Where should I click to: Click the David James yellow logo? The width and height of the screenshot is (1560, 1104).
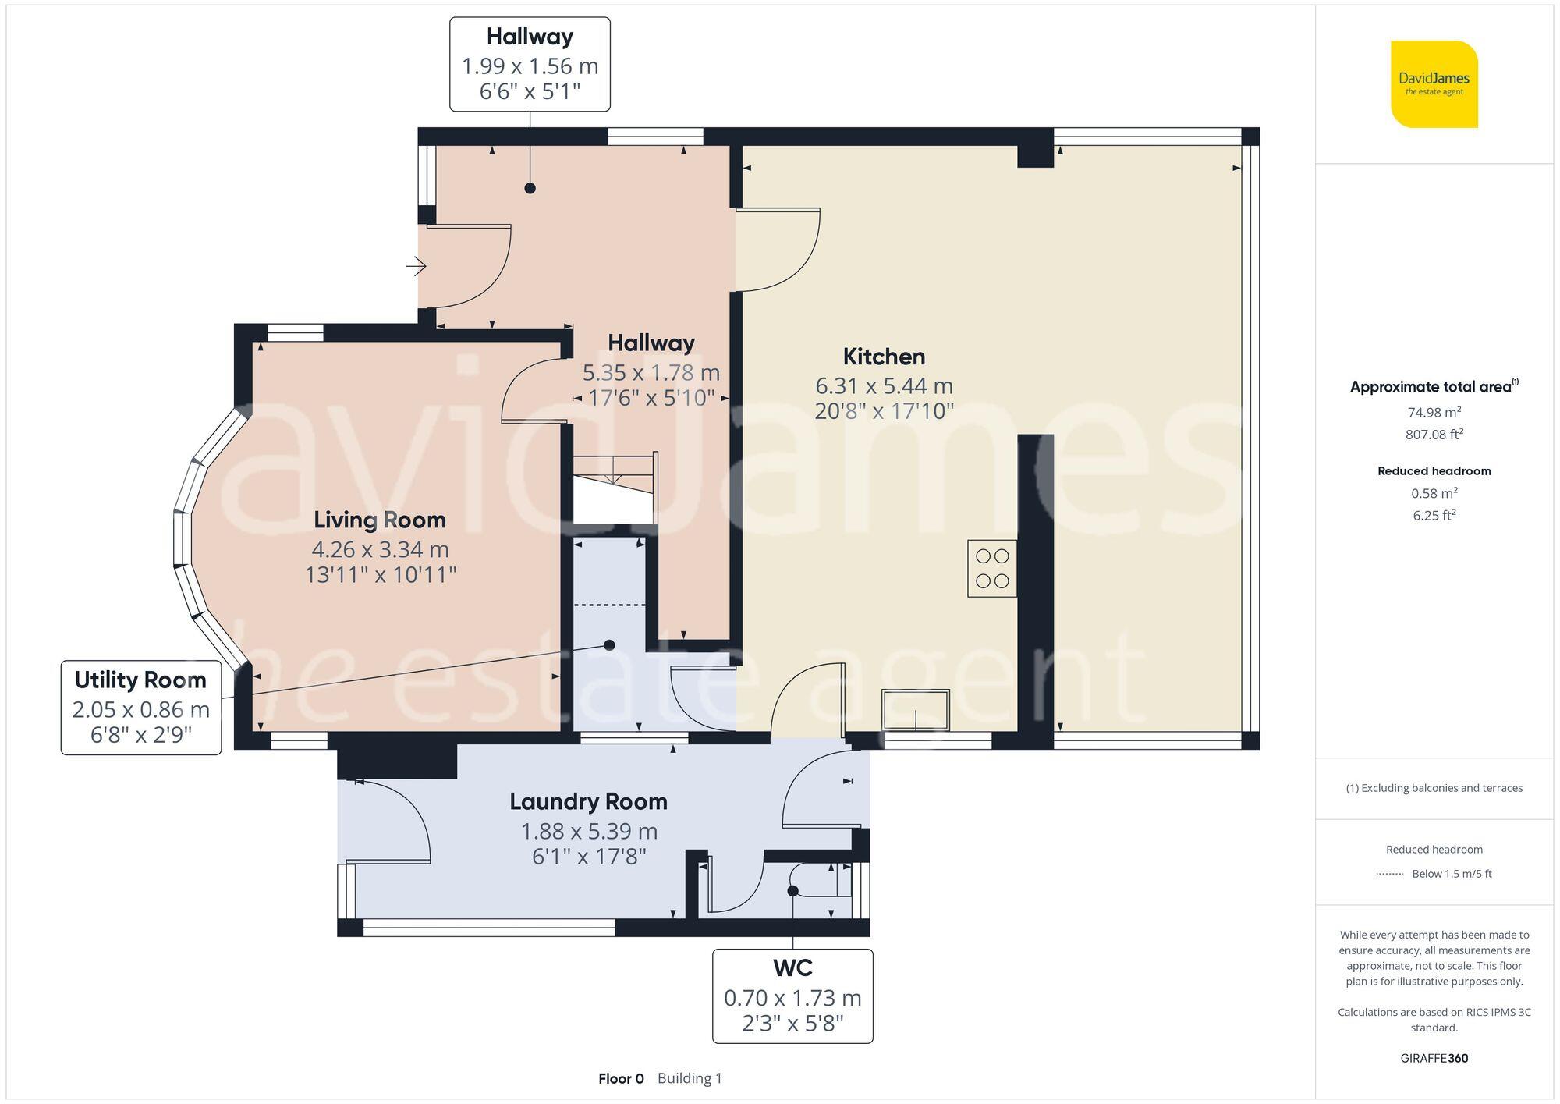tap(1434, 84)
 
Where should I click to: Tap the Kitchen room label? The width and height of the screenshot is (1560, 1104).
tap(884, 357)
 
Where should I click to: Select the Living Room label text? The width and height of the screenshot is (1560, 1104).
tap(380, 520)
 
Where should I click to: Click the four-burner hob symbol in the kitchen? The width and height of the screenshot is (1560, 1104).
tap(992, 569)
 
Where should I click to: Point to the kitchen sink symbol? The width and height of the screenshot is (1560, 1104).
tap(915, 710)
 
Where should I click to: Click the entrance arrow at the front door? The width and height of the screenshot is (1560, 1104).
tap(416, 267)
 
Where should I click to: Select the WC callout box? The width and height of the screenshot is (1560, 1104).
tap(792, 996)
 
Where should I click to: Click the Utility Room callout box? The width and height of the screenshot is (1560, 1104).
tap(141, 708)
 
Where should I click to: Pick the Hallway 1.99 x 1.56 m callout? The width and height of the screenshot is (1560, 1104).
tap(530, 65)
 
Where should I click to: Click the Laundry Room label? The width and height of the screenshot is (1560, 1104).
tap(588, 802)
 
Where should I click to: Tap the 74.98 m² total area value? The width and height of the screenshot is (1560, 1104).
tap(1434, 412)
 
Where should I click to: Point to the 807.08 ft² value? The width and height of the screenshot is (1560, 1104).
tap(1434, 435)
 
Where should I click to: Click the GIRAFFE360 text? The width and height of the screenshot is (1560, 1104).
tap(1434, 1058)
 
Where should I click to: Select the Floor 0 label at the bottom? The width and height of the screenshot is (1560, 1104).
tap(621, 1078)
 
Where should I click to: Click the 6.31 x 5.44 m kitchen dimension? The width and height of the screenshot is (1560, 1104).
tap(884, 385)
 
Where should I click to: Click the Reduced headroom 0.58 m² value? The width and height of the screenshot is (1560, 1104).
tap(1434, 493)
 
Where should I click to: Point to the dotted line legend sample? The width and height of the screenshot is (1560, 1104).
tap(1390, 874)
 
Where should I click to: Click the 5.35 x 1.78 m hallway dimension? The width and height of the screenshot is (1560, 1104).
tap(651, 372)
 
